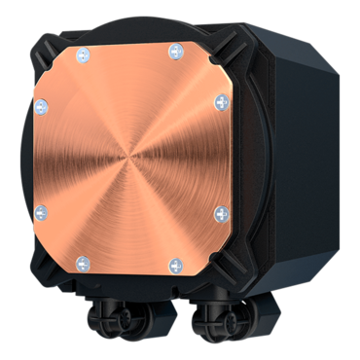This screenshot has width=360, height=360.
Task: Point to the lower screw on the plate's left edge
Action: (41, 210)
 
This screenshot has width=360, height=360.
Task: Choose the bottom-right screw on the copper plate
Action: (175, 264)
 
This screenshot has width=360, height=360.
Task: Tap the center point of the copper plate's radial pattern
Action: (130, 156)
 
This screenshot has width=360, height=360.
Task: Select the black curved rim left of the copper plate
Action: (26, 156)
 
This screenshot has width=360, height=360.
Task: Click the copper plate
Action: (130, 117)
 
